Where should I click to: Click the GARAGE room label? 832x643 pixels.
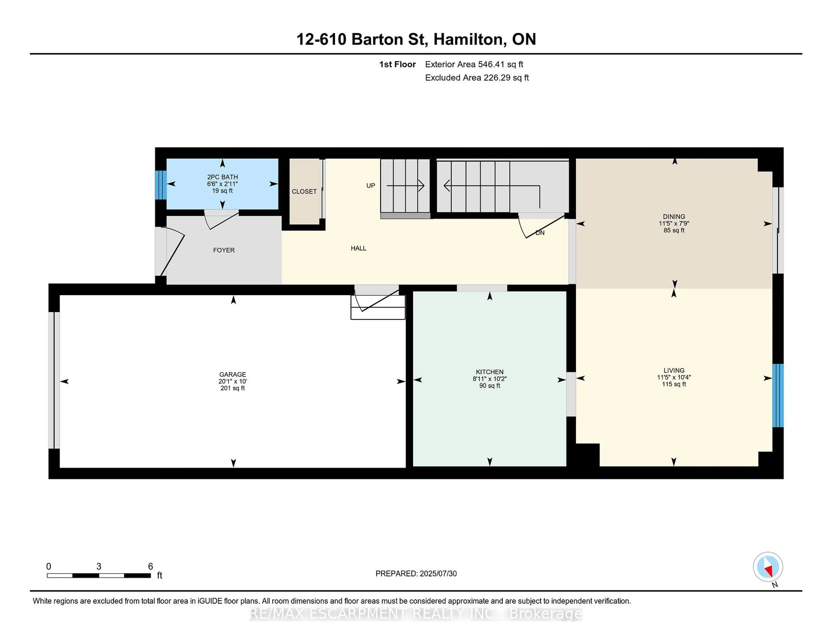(232, 374)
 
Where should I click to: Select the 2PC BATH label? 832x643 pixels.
(223, 177)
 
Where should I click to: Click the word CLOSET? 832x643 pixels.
(304, 192)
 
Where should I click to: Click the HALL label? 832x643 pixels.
(358, 248)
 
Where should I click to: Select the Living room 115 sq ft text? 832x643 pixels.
(674, 384)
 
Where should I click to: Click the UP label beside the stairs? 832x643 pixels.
(370, 185)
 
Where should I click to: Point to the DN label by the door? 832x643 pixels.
(540, 233)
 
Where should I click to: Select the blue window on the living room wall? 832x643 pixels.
(778, 395)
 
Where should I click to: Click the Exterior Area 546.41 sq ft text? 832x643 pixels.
(474, 64)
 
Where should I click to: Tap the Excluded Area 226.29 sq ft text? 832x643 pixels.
(477, 78)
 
